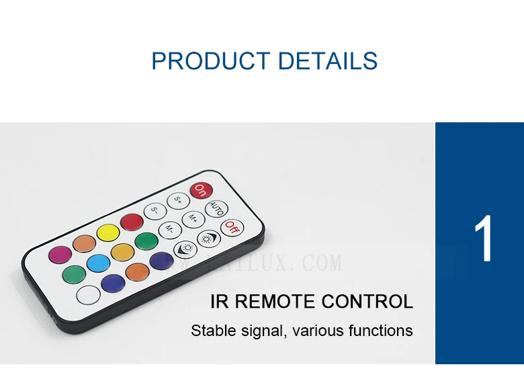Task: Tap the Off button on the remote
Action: click(x=232, y=227)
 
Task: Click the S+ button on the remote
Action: click(x=178, y=199)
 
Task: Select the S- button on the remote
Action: click(x=155, y=209)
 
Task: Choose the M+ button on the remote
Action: click(x=193, y=218)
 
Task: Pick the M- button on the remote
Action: click(x=170, y=230)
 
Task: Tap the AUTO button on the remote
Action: click(x=216, y=208)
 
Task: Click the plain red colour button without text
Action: click(x=132, y=221)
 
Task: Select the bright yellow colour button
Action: click(x=107, y=233)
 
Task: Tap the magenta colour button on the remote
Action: click(x=60, y=255)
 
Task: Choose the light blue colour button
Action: click(x=98, y=263)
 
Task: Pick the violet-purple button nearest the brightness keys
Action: click(x=161, y=260)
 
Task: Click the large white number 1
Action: click(x=484, y=240)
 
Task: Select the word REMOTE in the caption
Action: click(x=272, y=301)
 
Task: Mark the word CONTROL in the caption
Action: click(x=367, y=301)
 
